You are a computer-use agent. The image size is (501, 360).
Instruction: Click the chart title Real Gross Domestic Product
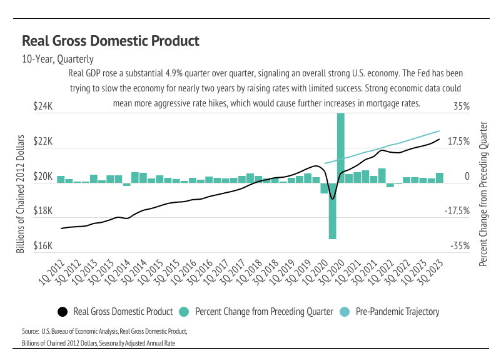[x=111, y=41]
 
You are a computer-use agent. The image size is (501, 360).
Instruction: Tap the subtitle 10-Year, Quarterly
[x=58, y=59]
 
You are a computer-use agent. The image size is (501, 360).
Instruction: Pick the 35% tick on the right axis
[x=462, y=107]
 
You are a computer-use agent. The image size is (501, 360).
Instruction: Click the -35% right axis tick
[x=460, y=247]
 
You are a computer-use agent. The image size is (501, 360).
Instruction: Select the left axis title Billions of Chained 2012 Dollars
[x=21, y=194]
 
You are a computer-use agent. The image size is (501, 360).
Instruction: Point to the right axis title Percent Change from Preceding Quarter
[x=482, y=194]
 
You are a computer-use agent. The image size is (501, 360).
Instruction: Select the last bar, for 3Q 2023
[x=440, y=178]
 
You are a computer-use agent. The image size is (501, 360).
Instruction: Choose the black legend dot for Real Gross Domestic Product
[x=63, y=312]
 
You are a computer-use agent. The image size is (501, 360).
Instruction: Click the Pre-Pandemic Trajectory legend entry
[x=397, y=312]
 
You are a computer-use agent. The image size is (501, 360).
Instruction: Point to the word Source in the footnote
[x=31, y=331]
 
